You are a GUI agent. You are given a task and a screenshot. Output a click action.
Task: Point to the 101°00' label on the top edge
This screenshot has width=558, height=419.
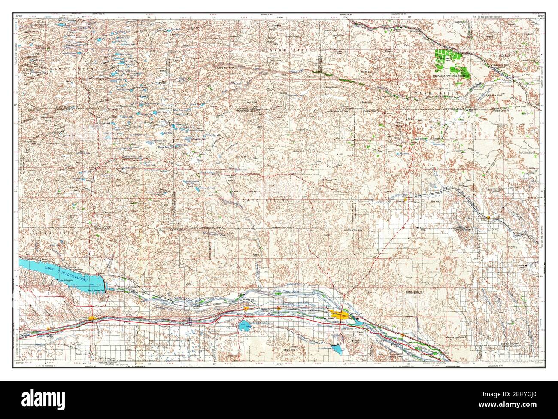coord(279,16)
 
